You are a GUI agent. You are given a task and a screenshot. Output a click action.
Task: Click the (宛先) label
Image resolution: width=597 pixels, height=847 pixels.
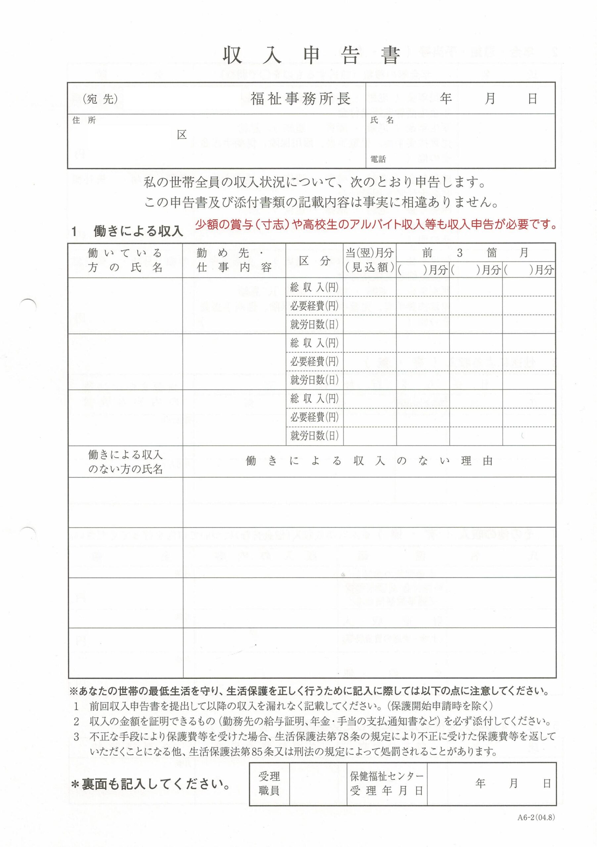[100, 99]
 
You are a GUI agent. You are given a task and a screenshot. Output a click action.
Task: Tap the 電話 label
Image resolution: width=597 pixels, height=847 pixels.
[378, 159]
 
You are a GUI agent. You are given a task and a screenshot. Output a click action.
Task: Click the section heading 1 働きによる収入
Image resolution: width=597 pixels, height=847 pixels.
[128, 231]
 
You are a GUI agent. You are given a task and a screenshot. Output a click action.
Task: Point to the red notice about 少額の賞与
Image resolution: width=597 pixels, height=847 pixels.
[375, 225]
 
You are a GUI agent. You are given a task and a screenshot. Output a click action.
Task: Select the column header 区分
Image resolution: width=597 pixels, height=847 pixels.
[314, 260]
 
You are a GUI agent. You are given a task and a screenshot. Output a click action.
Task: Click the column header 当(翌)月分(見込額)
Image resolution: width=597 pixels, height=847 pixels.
[370, 260]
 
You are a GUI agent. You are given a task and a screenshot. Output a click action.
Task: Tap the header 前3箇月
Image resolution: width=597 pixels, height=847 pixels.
[476, 253]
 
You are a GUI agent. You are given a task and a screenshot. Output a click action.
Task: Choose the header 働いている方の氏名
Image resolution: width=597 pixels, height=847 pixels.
[125, 260]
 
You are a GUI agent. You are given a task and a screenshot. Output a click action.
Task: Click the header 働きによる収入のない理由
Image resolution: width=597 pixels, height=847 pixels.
[369, 461]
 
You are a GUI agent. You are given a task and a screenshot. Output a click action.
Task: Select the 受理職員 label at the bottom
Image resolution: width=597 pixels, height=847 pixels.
[269, 783]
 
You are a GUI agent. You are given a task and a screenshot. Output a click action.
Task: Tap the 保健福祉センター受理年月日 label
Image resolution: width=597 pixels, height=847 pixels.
[387, 783]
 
